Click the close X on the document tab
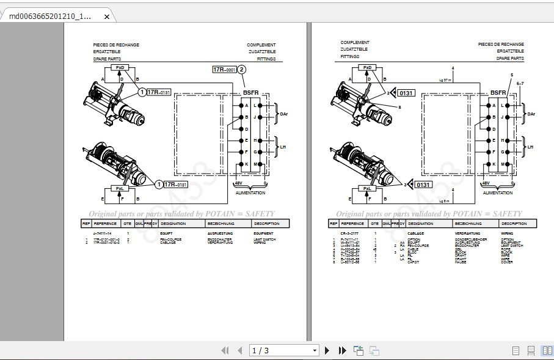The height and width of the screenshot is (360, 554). (107, 17)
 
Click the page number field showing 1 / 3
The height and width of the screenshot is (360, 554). (285, 350)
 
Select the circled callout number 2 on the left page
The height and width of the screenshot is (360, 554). (242, 70)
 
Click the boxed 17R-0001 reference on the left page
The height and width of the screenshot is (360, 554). (224, 70)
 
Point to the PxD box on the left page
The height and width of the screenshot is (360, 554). (120, 68)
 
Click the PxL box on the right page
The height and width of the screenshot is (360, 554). (368, 189)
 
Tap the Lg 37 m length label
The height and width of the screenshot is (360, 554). (445, 79)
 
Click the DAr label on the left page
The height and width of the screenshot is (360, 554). (283, 114)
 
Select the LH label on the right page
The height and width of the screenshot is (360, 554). (530, 147)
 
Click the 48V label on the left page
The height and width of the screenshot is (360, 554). (239, 183)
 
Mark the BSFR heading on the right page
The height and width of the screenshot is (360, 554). (498, 93)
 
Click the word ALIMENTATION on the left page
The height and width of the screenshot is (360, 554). (250, 193)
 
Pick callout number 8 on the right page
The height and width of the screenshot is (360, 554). (399, 107)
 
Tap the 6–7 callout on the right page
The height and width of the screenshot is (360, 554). (520, 83)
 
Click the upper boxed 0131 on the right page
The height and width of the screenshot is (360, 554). (407, 93)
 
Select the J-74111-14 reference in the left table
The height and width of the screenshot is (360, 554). (101, 233)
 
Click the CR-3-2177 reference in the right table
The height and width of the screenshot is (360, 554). (349, 233)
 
